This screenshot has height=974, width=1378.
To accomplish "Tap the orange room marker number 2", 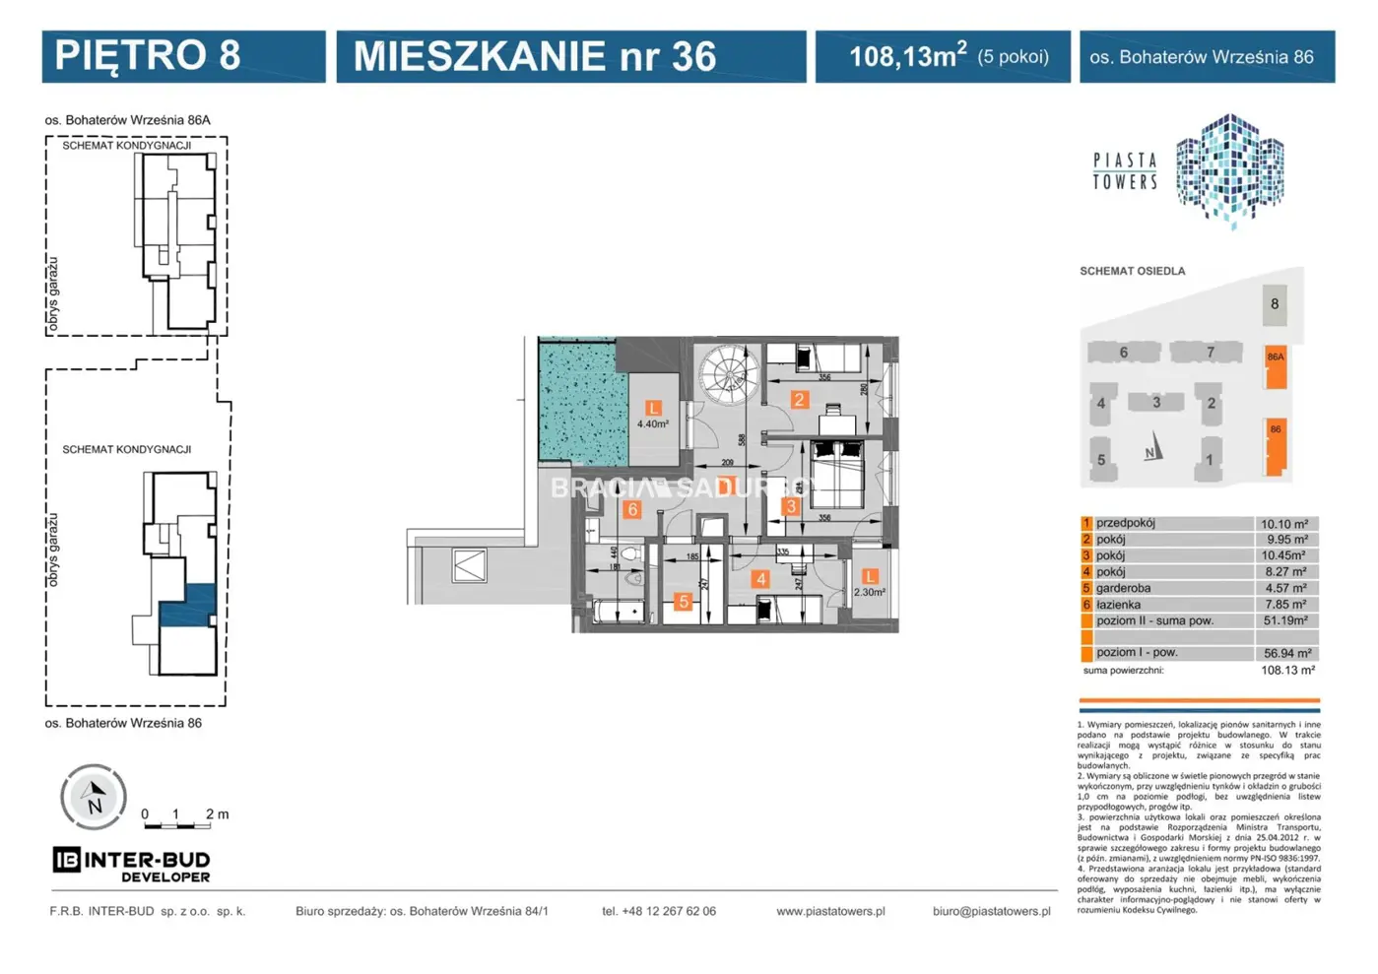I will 799,400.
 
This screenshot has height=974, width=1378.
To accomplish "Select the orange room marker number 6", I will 632,509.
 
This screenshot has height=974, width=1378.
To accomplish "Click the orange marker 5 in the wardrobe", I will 683,602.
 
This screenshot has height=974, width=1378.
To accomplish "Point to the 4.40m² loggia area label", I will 652,423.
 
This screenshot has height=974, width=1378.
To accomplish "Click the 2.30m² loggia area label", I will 869,592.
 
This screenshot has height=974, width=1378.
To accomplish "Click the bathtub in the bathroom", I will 618,612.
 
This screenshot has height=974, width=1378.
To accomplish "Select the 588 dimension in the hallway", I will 742,440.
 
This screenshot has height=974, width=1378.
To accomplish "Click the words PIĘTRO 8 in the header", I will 148,56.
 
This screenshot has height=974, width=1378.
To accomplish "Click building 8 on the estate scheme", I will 1274,304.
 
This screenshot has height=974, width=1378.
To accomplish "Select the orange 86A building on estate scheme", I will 1276,366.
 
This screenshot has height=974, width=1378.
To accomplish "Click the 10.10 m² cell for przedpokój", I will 1284,524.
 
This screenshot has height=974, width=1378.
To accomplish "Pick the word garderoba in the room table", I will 1123,588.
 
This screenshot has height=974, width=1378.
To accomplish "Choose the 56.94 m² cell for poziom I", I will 1285,653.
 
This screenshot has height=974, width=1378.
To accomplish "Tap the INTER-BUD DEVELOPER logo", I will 131,864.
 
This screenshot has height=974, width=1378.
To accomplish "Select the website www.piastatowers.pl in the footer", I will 829,911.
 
